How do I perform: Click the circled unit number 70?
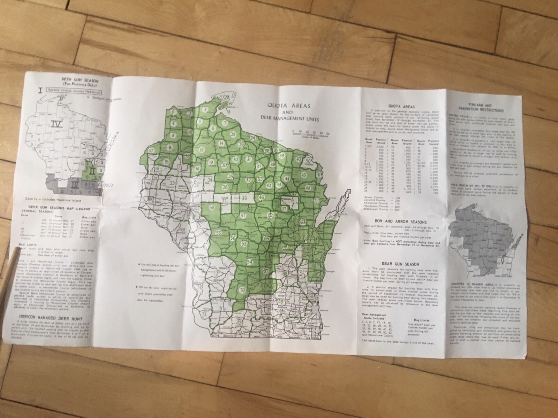pyautogui.click(x=242, y=289)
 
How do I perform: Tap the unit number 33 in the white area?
pyautogui.click(x=244, y=199)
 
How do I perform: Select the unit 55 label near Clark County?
pyautogui.click(x=219, y=233)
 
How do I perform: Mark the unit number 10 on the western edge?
pyautogui.click(x=151, y=150)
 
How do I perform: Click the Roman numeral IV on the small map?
pyautogui.click(x=55, y=124)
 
